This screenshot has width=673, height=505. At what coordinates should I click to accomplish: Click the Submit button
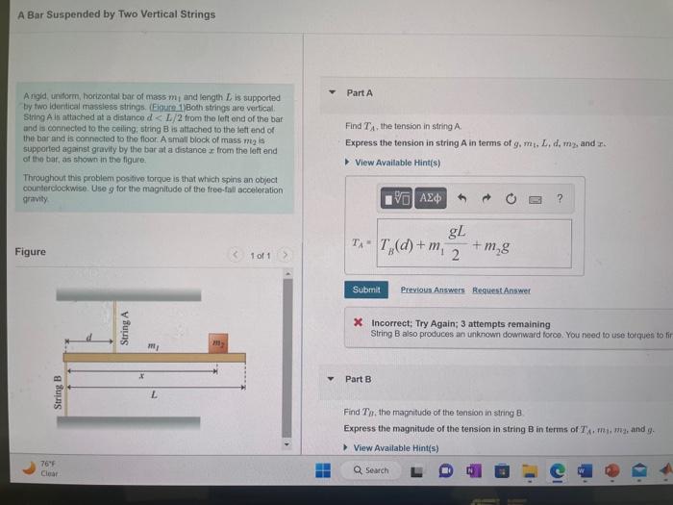coord(366,290)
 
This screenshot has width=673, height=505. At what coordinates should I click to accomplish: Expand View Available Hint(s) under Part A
coord(391,162)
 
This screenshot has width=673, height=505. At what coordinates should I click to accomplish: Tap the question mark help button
coord(560,198)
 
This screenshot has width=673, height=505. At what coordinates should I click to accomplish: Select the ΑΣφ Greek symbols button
coord(432,198)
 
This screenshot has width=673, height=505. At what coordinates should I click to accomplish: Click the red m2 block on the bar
coord(216,343)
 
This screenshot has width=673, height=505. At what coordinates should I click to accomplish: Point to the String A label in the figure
coord(124,327)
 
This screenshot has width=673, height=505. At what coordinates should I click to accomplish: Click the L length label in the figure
coord(154,396)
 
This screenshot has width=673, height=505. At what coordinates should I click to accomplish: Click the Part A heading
coord(360,92)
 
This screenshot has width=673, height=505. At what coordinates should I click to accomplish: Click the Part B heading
coord(359,379)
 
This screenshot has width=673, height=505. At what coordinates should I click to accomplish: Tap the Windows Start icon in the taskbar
coord(323,470)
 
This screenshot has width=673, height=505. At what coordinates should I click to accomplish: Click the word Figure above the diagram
coord(30,252)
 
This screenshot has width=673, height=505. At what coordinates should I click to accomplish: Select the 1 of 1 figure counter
coord(260,256)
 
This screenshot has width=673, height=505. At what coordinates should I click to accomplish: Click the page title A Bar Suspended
coord(116,14)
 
